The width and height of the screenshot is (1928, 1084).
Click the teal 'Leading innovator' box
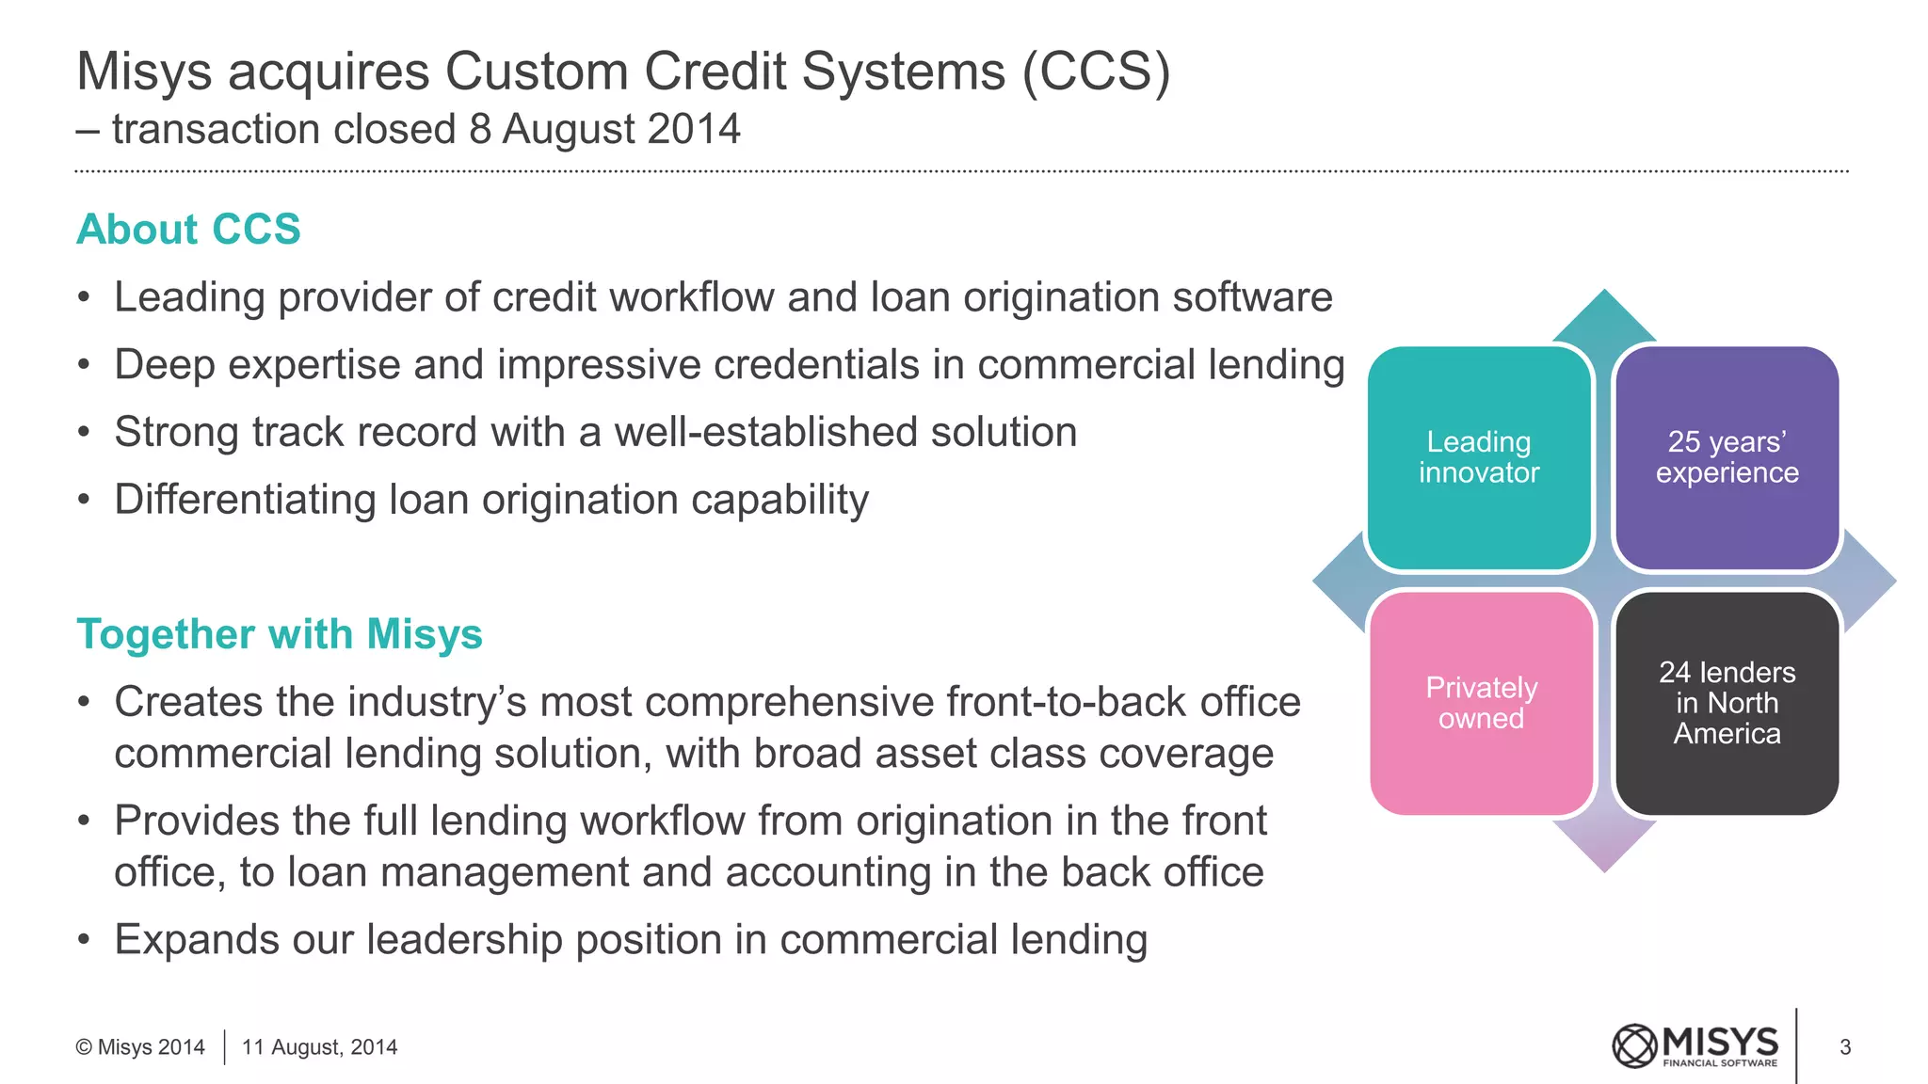click(x=1479, y=458)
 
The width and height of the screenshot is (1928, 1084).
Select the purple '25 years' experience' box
click(x=1727, y=458)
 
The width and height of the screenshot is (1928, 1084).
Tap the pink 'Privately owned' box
click(x=1481, y=703)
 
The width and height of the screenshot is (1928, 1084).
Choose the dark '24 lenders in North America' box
click(x=1727, y=703)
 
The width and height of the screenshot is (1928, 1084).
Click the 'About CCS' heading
click(x=188, y=230)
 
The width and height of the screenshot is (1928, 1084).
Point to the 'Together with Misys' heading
click(x=279, y=634)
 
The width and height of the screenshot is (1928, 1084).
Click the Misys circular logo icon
click(x=1634, y=1046)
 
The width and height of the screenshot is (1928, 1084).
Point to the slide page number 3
click(x=1845, y=1047)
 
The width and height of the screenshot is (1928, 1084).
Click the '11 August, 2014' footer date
click(x=319, y=1047)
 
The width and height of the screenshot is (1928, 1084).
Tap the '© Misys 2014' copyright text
click(x=140, y=1047)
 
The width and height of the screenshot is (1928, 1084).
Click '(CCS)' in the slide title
click(x=1097, y=72)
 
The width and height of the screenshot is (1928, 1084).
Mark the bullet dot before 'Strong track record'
click(x=85, y=434)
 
